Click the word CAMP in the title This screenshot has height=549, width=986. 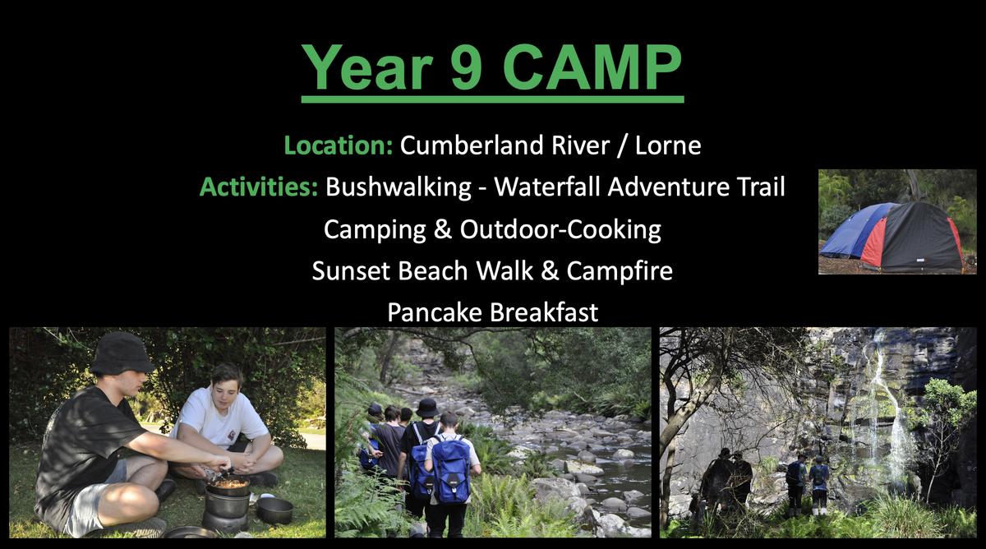(x=592, y=67)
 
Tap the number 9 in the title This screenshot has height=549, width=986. (x=466, y=67)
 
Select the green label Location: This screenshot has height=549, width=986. (x=338, y=145)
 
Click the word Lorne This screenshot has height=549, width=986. (x=668, y=145)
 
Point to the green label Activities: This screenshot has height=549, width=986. (x=259, y=187)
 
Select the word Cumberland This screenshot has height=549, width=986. (x=472, y=145)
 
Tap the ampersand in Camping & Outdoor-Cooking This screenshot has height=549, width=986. (x=442, y=229)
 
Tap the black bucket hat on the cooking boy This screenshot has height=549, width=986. (x=122, y=353)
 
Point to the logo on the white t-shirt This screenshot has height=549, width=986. (x=232, y=436)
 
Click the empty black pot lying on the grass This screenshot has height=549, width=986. (x=274, y=510)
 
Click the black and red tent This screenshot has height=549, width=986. (x=911, y=238)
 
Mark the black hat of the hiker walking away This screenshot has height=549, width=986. (x=427, y=408)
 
